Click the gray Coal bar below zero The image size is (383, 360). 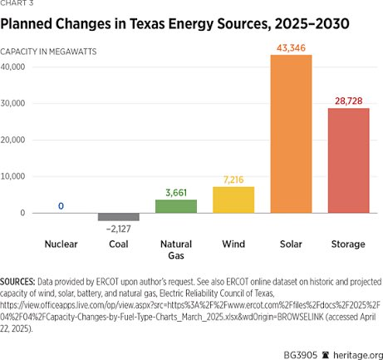119,217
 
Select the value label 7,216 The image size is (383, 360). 235,179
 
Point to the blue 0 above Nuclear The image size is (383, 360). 61,205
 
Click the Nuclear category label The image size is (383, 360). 61,244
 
